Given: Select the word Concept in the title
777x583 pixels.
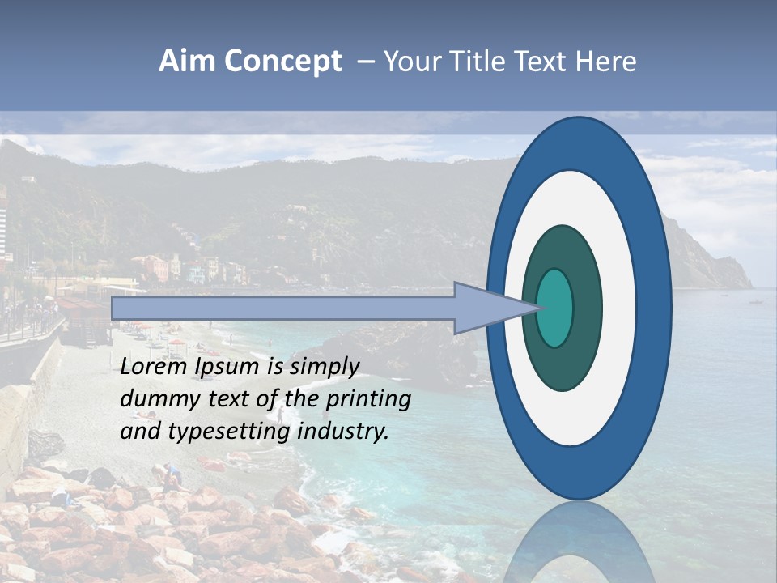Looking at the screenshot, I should click(284, 62).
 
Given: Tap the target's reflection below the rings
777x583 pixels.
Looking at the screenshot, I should click(578, 547).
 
